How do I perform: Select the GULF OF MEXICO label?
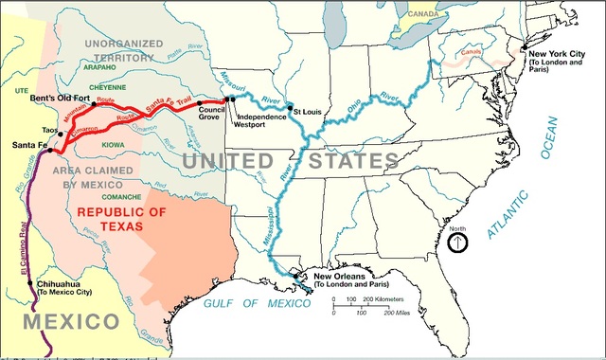(x=257, y=303)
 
